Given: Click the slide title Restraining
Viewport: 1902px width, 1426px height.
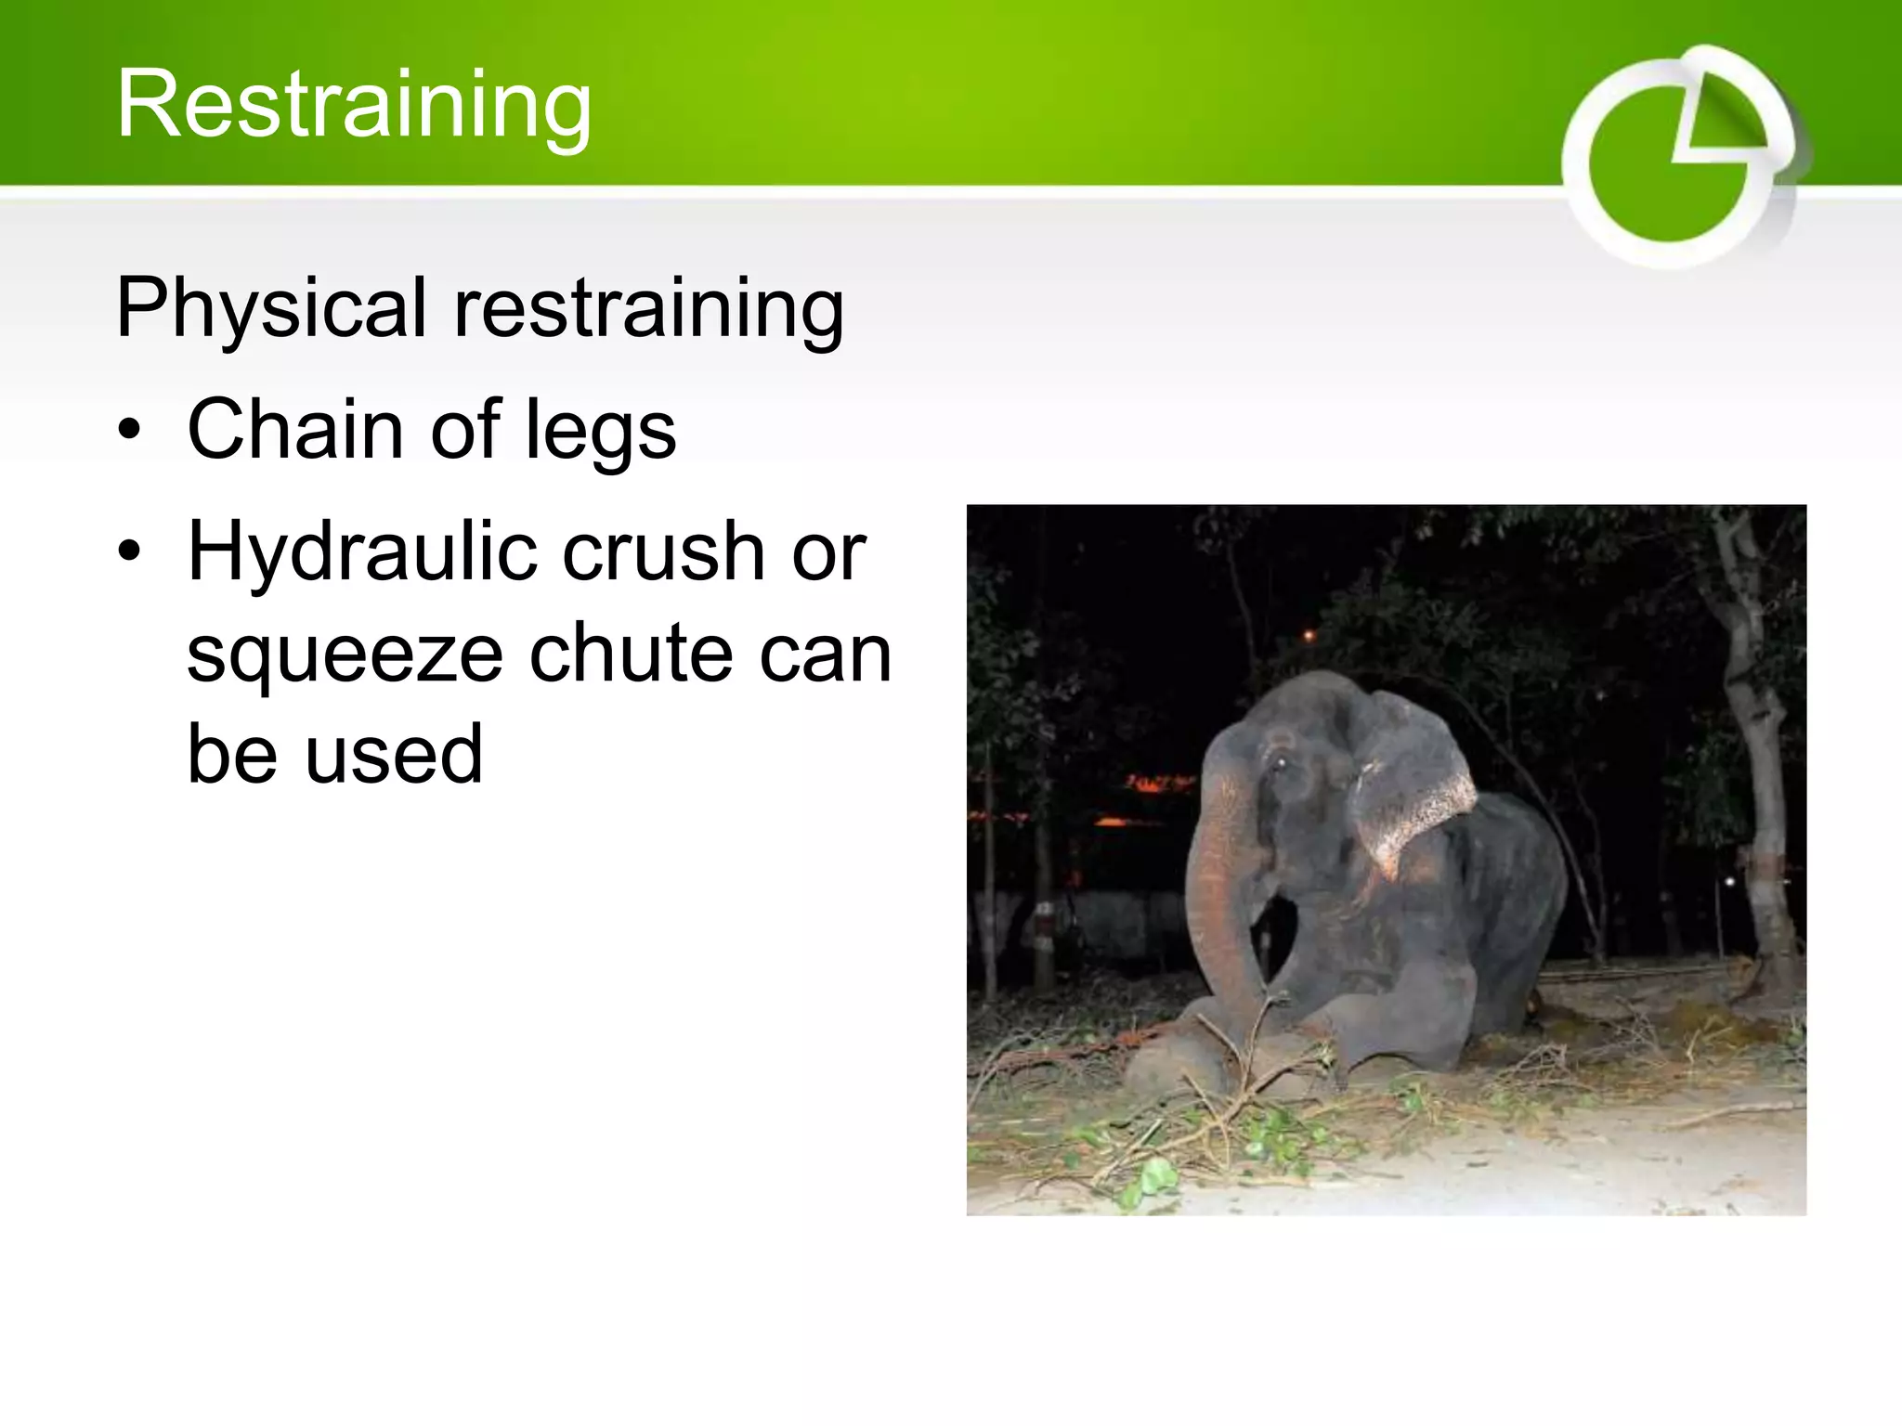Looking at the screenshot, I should click(354, 104).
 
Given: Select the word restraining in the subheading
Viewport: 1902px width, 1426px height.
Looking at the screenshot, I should click(648, 308).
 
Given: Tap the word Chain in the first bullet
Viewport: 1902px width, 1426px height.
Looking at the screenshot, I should click(294, 429).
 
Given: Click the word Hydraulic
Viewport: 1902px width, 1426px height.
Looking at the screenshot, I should click(360, 553).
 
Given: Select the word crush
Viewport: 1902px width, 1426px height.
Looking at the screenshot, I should click(664, 551).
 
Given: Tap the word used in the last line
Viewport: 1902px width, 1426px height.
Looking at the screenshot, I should click(394, 753).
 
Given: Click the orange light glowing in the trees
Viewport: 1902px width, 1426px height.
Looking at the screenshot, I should click(1309, 636).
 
